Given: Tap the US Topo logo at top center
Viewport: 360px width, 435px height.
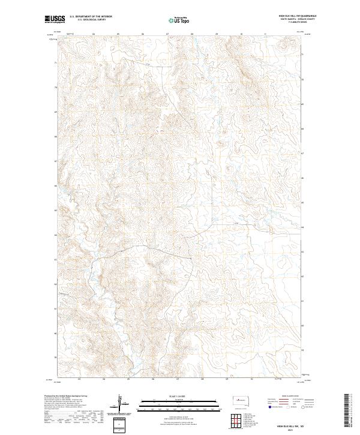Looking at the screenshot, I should tap(179, 20).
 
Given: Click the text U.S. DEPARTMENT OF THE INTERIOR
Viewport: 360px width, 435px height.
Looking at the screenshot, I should tap(91, 17).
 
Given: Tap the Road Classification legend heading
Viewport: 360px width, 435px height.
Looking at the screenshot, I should tap(290, 397).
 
